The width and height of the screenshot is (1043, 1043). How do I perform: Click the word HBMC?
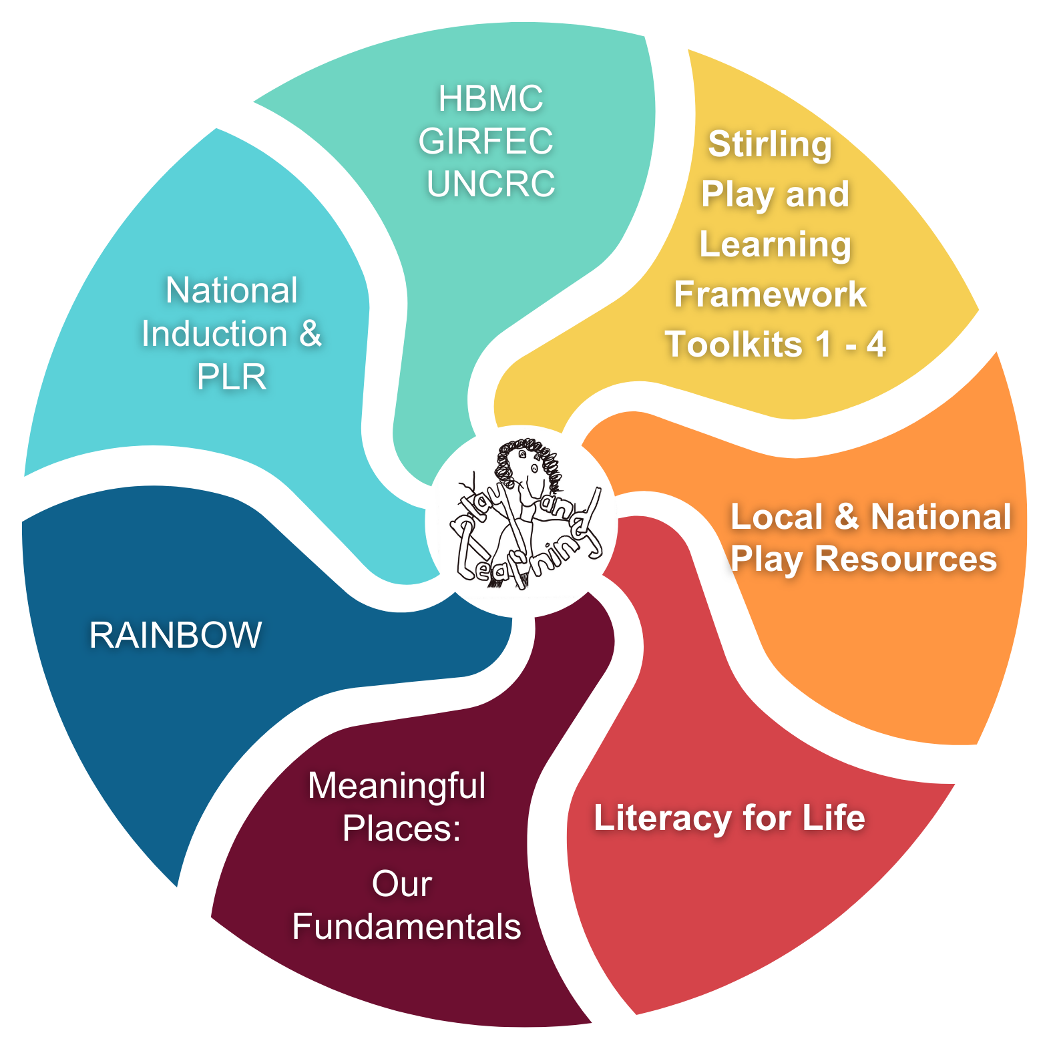491,99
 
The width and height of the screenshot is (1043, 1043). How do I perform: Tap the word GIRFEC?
486,142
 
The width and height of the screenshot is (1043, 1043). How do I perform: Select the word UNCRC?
491,184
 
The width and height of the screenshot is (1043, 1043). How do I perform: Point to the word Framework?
770,294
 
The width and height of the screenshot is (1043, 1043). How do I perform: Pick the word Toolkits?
734,345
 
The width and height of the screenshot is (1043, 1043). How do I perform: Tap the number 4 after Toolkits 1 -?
876,345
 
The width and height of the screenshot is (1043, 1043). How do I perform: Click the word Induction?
214,334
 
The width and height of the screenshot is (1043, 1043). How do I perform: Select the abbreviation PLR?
232,377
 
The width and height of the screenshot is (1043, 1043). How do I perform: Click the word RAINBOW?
176,635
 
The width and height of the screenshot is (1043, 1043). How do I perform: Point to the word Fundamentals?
407,927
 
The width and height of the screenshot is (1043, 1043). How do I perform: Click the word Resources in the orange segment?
905,560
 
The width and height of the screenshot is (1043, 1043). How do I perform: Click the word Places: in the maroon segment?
402,829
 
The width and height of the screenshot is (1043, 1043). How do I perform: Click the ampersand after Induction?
310,334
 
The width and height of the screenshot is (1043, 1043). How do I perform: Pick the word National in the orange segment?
941,517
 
